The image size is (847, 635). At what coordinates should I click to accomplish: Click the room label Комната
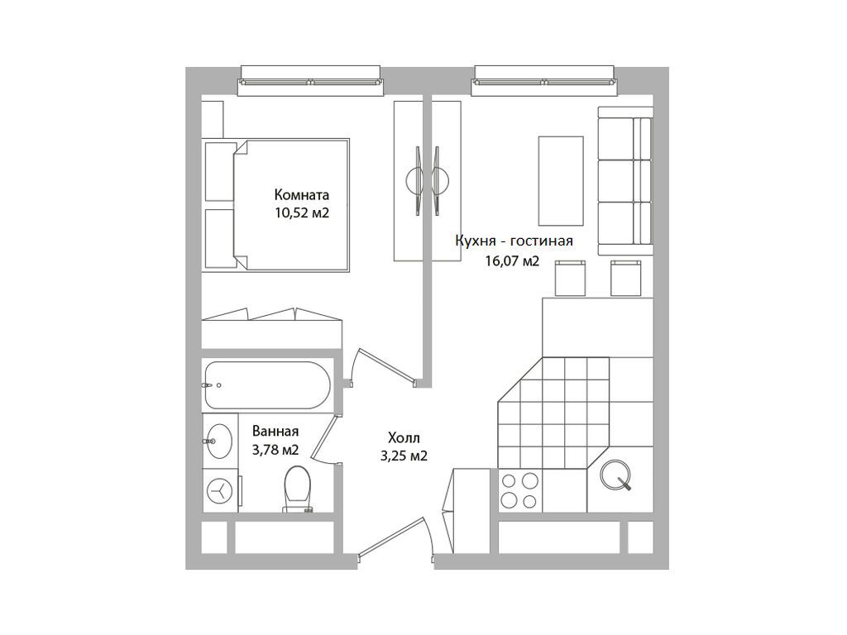point(301,194)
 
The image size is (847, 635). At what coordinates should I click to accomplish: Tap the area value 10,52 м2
point(302,212)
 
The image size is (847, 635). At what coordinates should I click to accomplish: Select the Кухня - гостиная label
point(514,241)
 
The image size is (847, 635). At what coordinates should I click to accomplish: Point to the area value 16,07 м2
point(512,262)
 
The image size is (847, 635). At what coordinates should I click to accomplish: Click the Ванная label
point(275,432)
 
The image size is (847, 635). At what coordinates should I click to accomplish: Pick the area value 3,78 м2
point(275,450)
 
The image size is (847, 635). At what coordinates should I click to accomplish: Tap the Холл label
point(404,438)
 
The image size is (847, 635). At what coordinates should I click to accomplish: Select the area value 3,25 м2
point(404,456)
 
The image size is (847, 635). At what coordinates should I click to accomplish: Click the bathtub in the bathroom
point(267,385)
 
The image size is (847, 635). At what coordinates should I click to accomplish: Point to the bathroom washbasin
point(218,442)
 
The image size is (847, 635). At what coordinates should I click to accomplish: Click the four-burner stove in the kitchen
point(520,491)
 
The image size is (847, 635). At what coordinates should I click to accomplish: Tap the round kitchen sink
point(615,475)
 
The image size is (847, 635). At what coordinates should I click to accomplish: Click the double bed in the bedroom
point(275,205)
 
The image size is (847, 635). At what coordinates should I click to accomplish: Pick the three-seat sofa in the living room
point(625,181)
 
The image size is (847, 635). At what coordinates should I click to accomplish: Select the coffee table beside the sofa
point(561,181)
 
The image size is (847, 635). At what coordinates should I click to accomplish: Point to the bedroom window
point(311,81)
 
